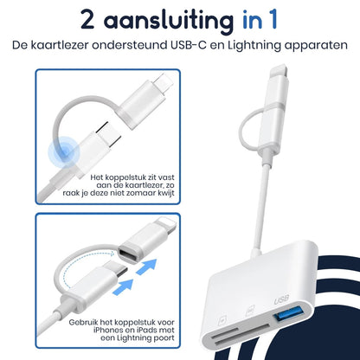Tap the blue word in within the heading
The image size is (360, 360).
(x=260, y=19)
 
